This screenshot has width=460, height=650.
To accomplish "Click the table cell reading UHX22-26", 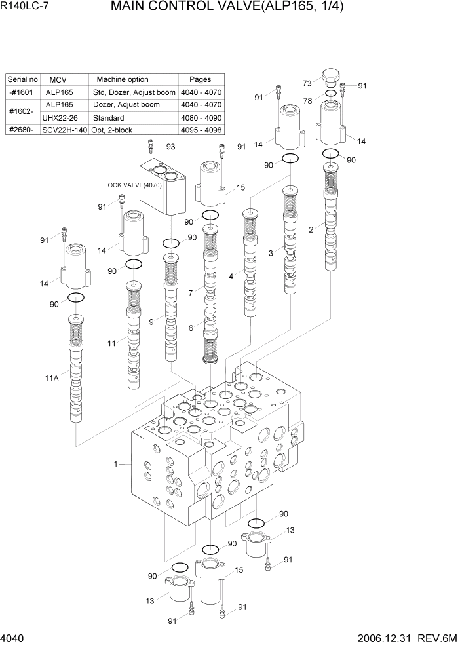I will coord(60,117).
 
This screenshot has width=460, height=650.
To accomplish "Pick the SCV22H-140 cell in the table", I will coord(64,130).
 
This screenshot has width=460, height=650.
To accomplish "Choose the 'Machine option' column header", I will coord(123,79).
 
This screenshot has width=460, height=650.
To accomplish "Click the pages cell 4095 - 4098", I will coord(200,130).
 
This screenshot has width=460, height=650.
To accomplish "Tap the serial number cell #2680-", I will coord(22,130).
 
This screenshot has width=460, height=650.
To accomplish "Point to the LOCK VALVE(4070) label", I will coord(133,185).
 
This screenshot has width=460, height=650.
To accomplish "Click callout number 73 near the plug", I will coord(307,83).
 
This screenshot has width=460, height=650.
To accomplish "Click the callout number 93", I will coord(170,146).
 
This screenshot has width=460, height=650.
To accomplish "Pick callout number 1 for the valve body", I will coord(116,464).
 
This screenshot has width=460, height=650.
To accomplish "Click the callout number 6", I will coord(191,328).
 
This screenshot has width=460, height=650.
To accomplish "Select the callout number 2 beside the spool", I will coord(311,229).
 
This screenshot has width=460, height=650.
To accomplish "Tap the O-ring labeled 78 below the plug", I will coord(331,94).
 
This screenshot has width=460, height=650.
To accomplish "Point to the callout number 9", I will coord(151,322).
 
